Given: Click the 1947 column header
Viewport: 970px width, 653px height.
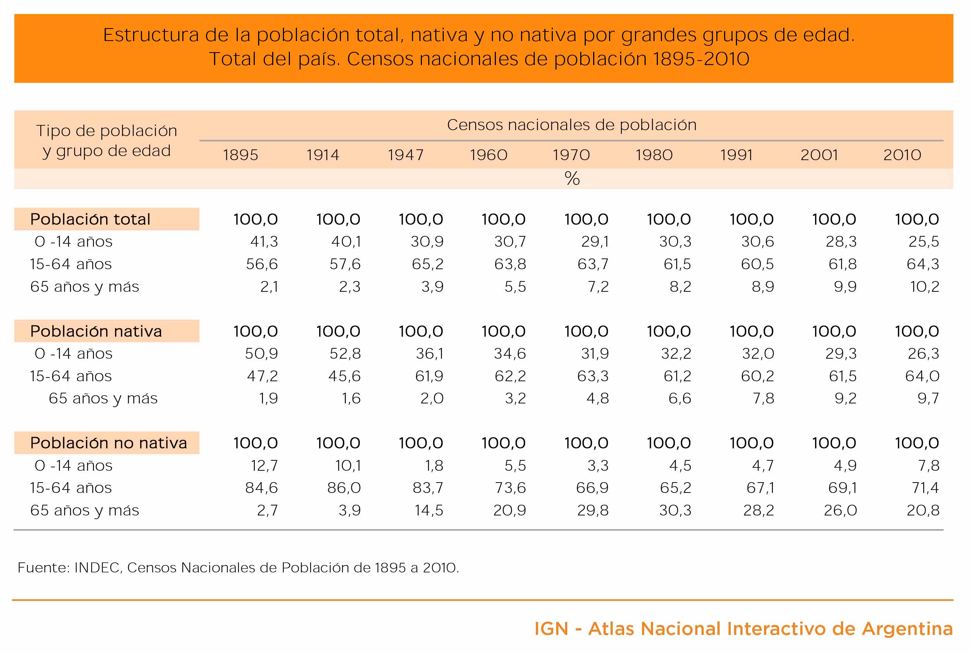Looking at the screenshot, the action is click(405, 155).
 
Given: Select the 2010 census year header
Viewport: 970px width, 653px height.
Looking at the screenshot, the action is click(902, 155).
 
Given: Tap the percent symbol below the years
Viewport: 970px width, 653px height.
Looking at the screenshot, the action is click(572, 178).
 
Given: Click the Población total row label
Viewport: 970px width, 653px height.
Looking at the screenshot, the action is click(90, 219).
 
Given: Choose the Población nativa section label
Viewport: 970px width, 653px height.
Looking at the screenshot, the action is click(96, 331).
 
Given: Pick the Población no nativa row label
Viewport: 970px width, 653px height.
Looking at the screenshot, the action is click(108, 443).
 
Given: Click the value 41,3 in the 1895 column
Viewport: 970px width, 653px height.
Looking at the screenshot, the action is click(264, 241).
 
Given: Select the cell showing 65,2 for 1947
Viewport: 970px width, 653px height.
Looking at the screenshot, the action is click(428, 264).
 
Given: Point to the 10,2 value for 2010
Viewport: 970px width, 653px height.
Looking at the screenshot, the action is click(925, 287).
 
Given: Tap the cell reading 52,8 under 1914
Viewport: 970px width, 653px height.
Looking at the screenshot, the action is click(345, 353).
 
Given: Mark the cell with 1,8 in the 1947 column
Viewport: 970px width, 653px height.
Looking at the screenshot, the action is click(434, 466).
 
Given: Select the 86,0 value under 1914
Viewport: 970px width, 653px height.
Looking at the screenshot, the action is click(344, 488).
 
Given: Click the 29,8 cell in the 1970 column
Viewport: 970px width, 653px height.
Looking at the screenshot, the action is click(593, 510).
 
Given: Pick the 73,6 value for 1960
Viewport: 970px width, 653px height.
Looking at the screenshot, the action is click(510, 488).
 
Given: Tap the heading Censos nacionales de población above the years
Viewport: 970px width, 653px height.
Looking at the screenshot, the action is click(572, 125).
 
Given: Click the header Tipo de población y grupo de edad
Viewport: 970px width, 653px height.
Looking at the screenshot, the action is click(107, 141).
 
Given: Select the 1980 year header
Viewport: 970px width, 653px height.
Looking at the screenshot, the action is click(654, 155).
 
